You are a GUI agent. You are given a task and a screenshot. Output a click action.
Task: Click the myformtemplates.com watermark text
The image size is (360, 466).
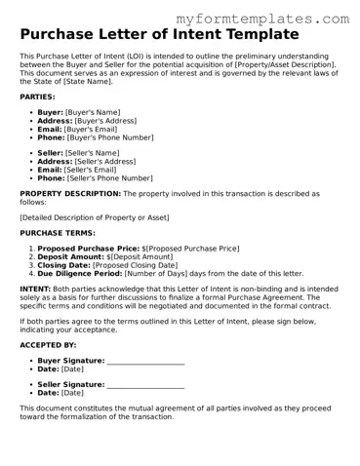coord(263,19)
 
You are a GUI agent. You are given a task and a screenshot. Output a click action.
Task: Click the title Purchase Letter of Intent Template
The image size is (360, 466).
coord(158,36)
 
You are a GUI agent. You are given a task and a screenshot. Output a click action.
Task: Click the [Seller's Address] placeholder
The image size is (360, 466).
coord(106,161)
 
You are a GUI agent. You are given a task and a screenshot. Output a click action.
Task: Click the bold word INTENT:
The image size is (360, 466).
coord(35,290)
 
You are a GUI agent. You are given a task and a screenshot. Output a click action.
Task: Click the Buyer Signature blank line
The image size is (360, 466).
coord(145,362)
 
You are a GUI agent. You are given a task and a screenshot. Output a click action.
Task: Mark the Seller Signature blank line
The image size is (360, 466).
coord(145,384)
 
